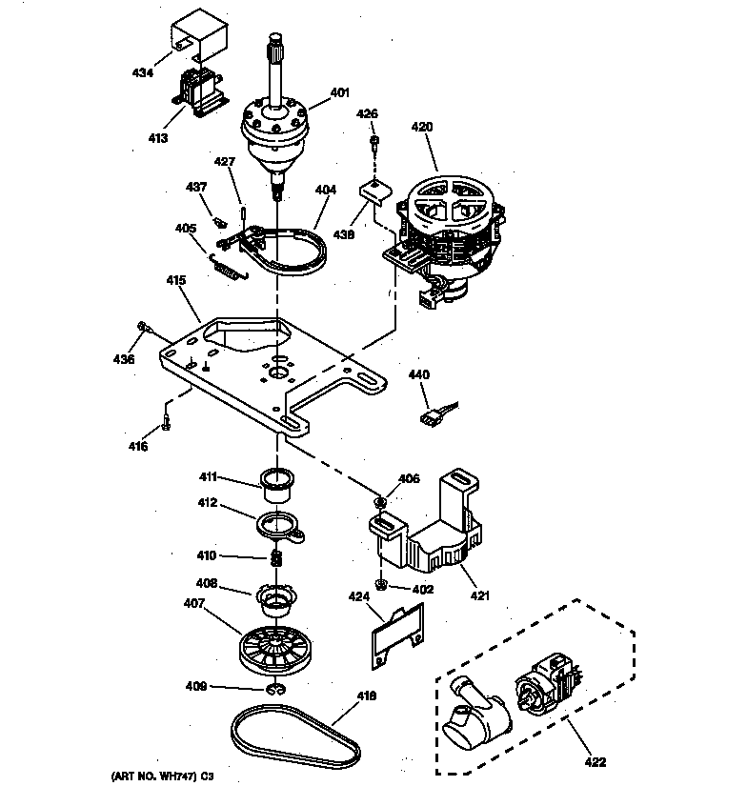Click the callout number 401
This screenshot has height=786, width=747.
[x=340, y=93]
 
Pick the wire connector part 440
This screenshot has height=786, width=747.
[x=434, y=416]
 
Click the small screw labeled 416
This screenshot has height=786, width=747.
[x=166, y=420]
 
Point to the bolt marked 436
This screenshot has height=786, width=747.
[x=144, y=328]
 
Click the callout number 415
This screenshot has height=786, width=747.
[x=175, y=281]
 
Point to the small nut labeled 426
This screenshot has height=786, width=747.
[x=376, y=144]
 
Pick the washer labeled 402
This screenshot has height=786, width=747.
[x=381, y=584]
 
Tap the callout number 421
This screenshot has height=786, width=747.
[x=479, y=595]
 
